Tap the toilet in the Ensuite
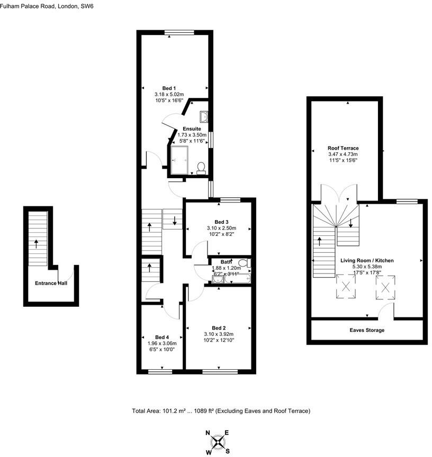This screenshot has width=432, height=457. tap(201, 168)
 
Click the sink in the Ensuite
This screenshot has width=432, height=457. tap(204, 117)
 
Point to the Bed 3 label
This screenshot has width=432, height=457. tap(222, 222)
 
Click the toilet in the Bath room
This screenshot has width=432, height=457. tap(244, 262)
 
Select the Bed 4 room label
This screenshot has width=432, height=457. tap(161, 337)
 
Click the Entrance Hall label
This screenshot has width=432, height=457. tap(51, 284)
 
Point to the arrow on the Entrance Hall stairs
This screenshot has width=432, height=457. tap(36, 243)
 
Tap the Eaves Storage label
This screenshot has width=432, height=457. tap(366, 330)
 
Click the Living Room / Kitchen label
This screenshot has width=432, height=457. tap(366, 261)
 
